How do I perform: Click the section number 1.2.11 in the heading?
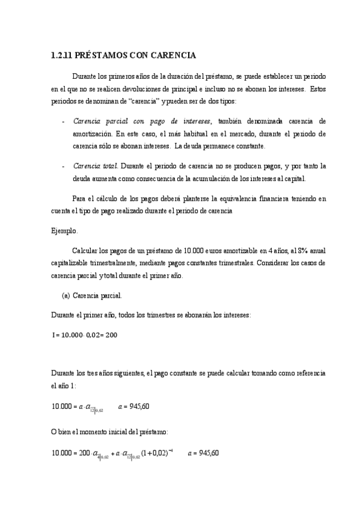(61, 56)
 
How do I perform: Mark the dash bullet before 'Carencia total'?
(64, 165)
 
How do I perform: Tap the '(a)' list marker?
(67, 295)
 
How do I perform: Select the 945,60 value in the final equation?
(208, 453)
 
